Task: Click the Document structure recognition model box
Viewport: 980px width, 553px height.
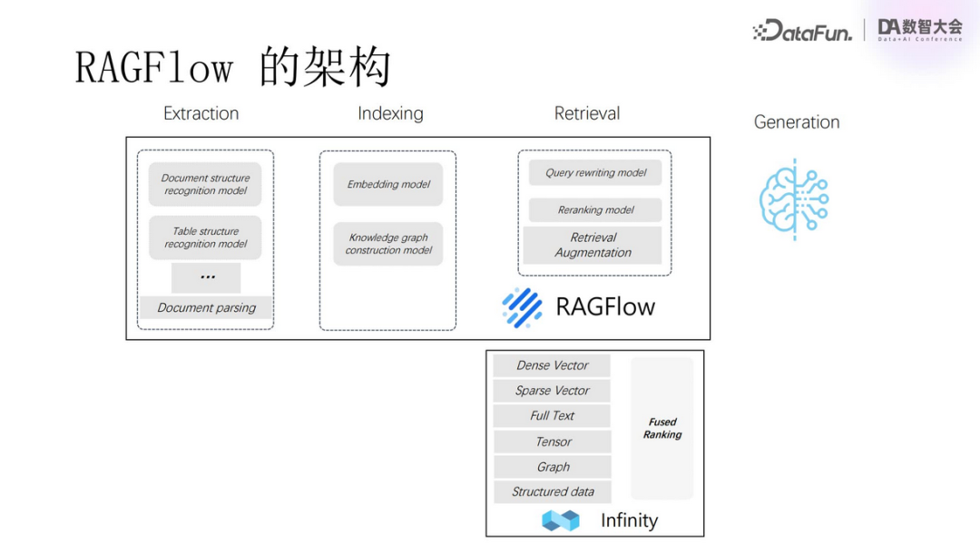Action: (205, 184)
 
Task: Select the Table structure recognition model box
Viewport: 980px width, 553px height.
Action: (205, 238)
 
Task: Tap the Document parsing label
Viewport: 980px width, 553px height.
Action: (206, 307)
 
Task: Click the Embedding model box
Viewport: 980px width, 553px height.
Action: (388, 184)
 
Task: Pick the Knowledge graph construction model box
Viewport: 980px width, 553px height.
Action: (388, 244)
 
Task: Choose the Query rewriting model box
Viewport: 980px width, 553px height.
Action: (595, 172)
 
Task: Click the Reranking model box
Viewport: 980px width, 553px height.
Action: (595, 209)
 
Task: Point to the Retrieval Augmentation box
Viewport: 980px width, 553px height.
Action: (593, 245)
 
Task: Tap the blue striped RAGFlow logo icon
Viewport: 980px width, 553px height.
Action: (522, 306)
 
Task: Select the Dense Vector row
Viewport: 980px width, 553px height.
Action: (552, 365)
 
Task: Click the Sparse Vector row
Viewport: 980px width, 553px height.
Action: (552, 391)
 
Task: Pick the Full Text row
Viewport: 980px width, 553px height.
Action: (552, 416)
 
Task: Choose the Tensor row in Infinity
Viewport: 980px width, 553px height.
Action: (552, 441)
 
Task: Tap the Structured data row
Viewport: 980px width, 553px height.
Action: (552, 492)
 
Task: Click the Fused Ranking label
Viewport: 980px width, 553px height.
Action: (662, 428)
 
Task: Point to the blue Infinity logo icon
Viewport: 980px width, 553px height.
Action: (560, 520)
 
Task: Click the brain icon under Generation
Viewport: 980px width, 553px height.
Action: (793, 199)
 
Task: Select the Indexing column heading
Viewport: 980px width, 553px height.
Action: (390, 113)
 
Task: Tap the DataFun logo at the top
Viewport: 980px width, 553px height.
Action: (802, 32)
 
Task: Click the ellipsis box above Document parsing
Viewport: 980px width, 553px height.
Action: (206, 277)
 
